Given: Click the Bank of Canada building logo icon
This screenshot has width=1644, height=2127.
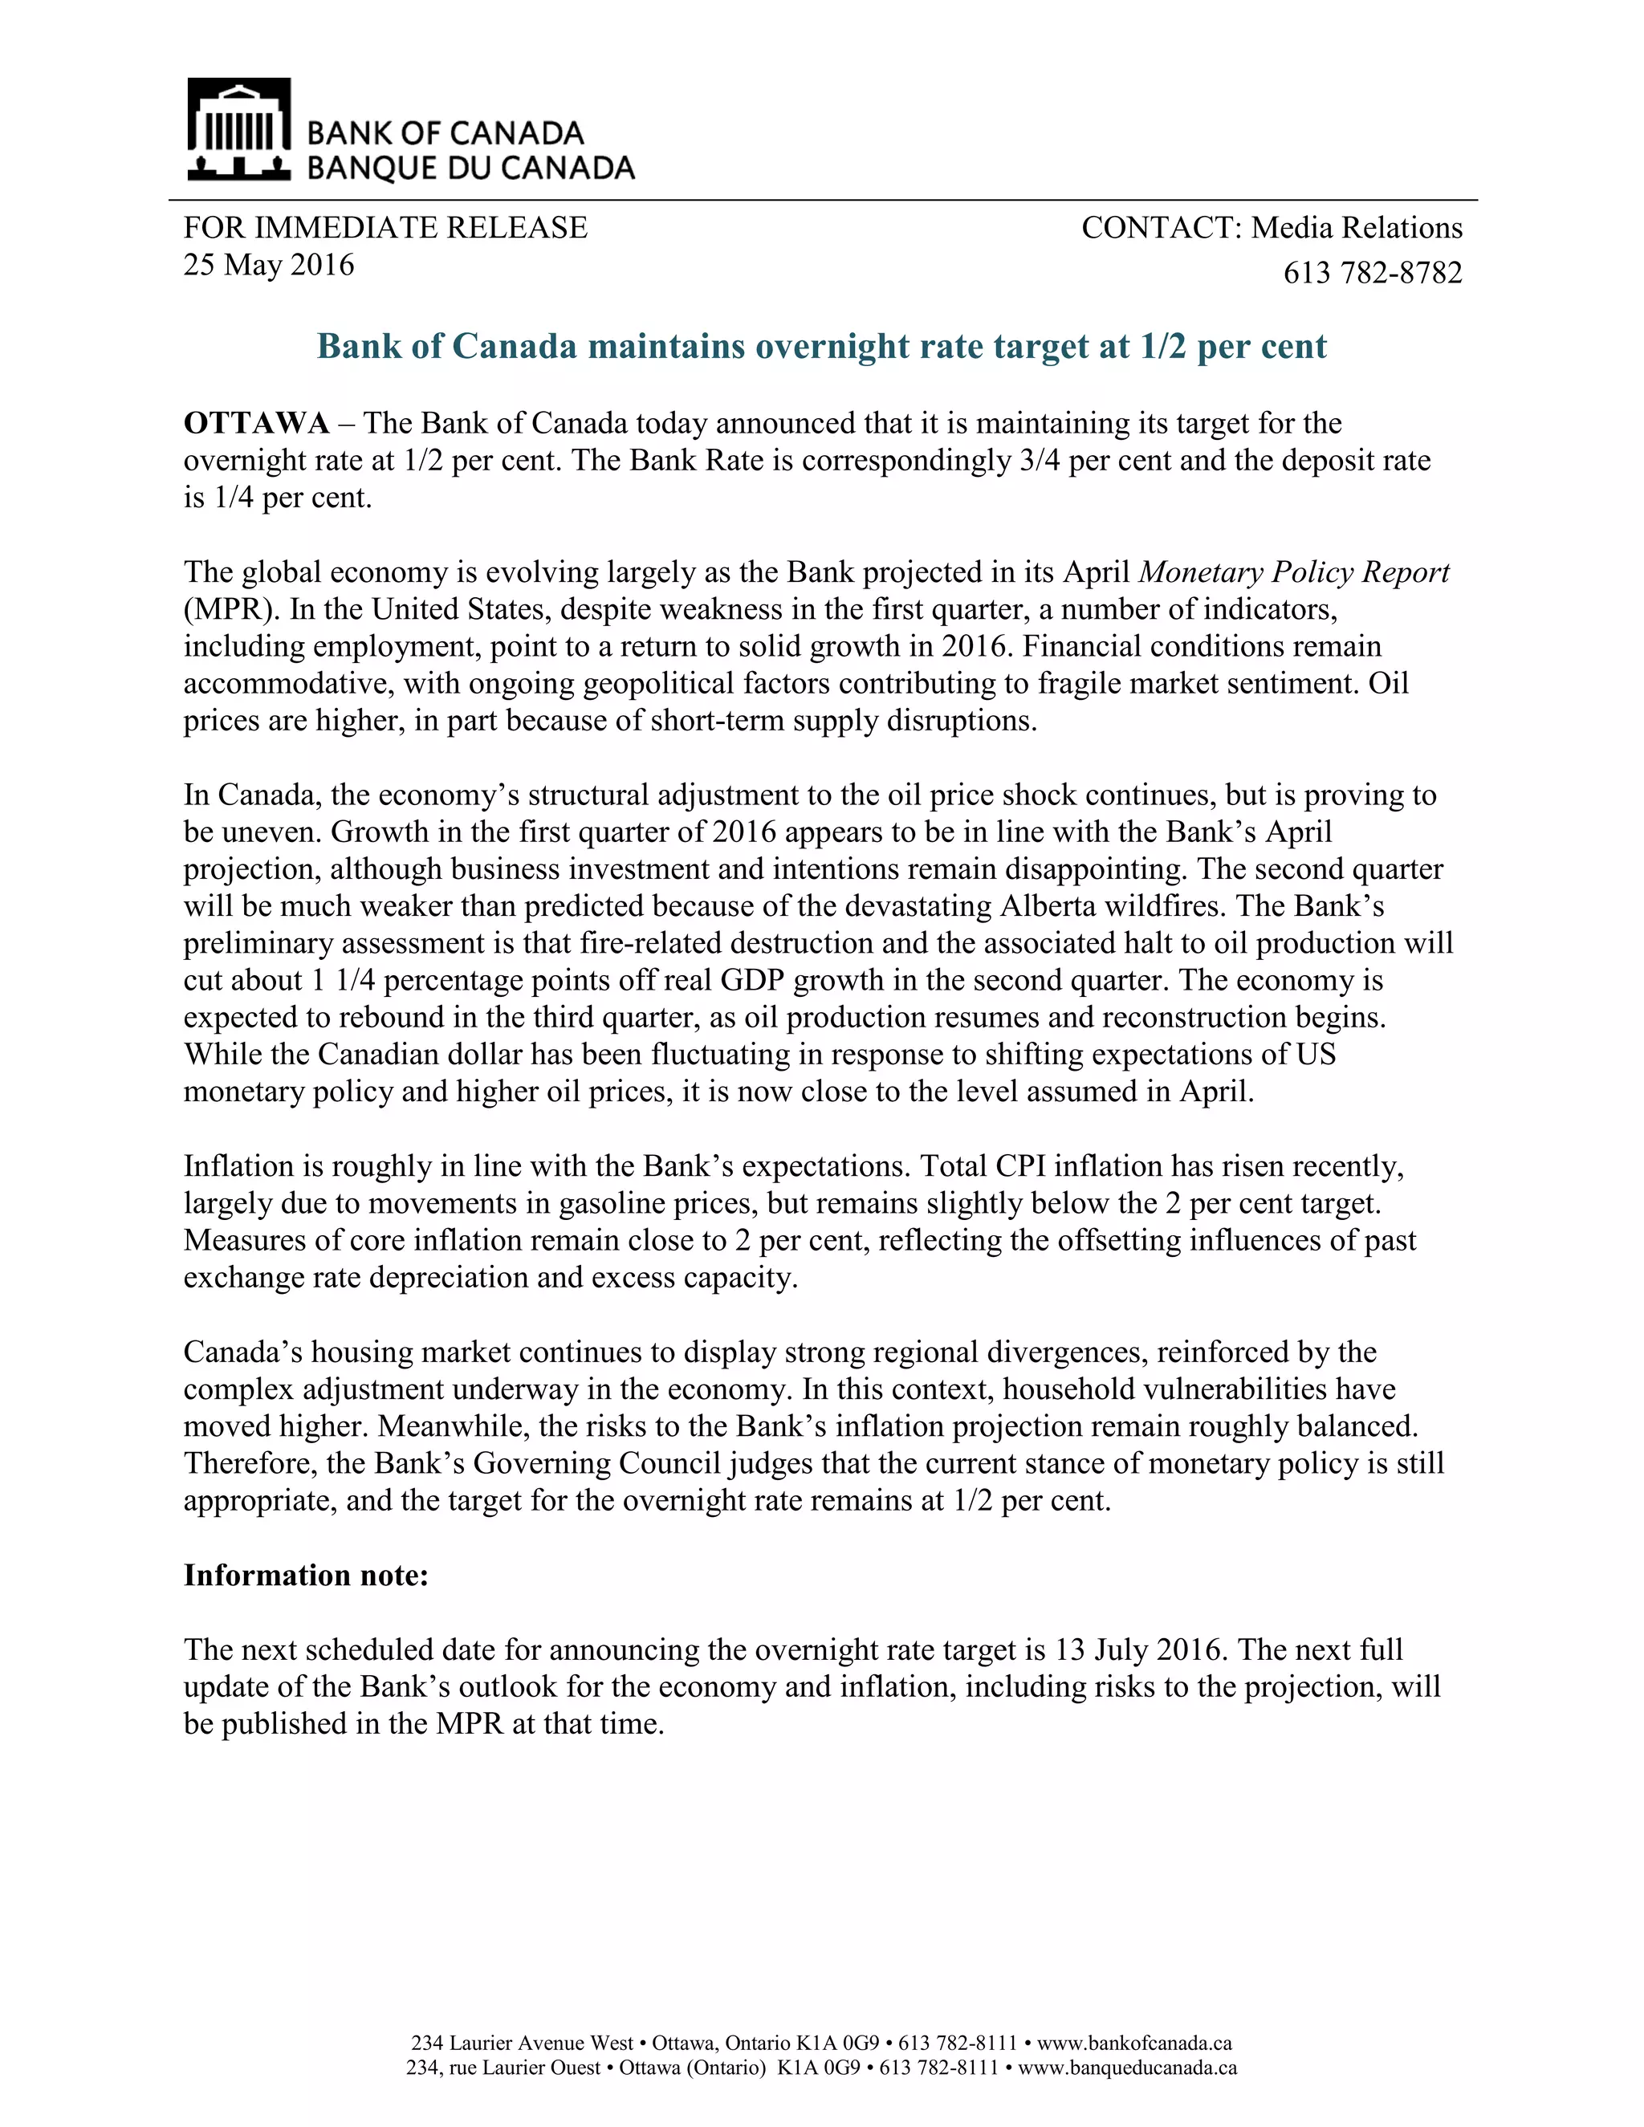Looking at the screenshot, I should click(x=238, y=128).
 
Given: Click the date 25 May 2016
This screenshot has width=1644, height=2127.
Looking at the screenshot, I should click(x=269, y=265).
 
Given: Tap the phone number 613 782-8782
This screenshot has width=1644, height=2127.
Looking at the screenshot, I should click(x=1372, y=273).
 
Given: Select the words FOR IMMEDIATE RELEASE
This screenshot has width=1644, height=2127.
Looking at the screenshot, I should click(x=385, y=228).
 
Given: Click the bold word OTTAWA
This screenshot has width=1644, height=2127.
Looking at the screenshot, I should click(x=256, y=424).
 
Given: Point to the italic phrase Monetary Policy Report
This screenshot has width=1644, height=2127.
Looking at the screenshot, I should click(x=1293, y=571).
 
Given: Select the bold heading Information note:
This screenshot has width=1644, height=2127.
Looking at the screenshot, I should click(x=306, y=1576).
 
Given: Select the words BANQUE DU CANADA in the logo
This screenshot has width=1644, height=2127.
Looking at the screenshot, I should click(x=470, y=169).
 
